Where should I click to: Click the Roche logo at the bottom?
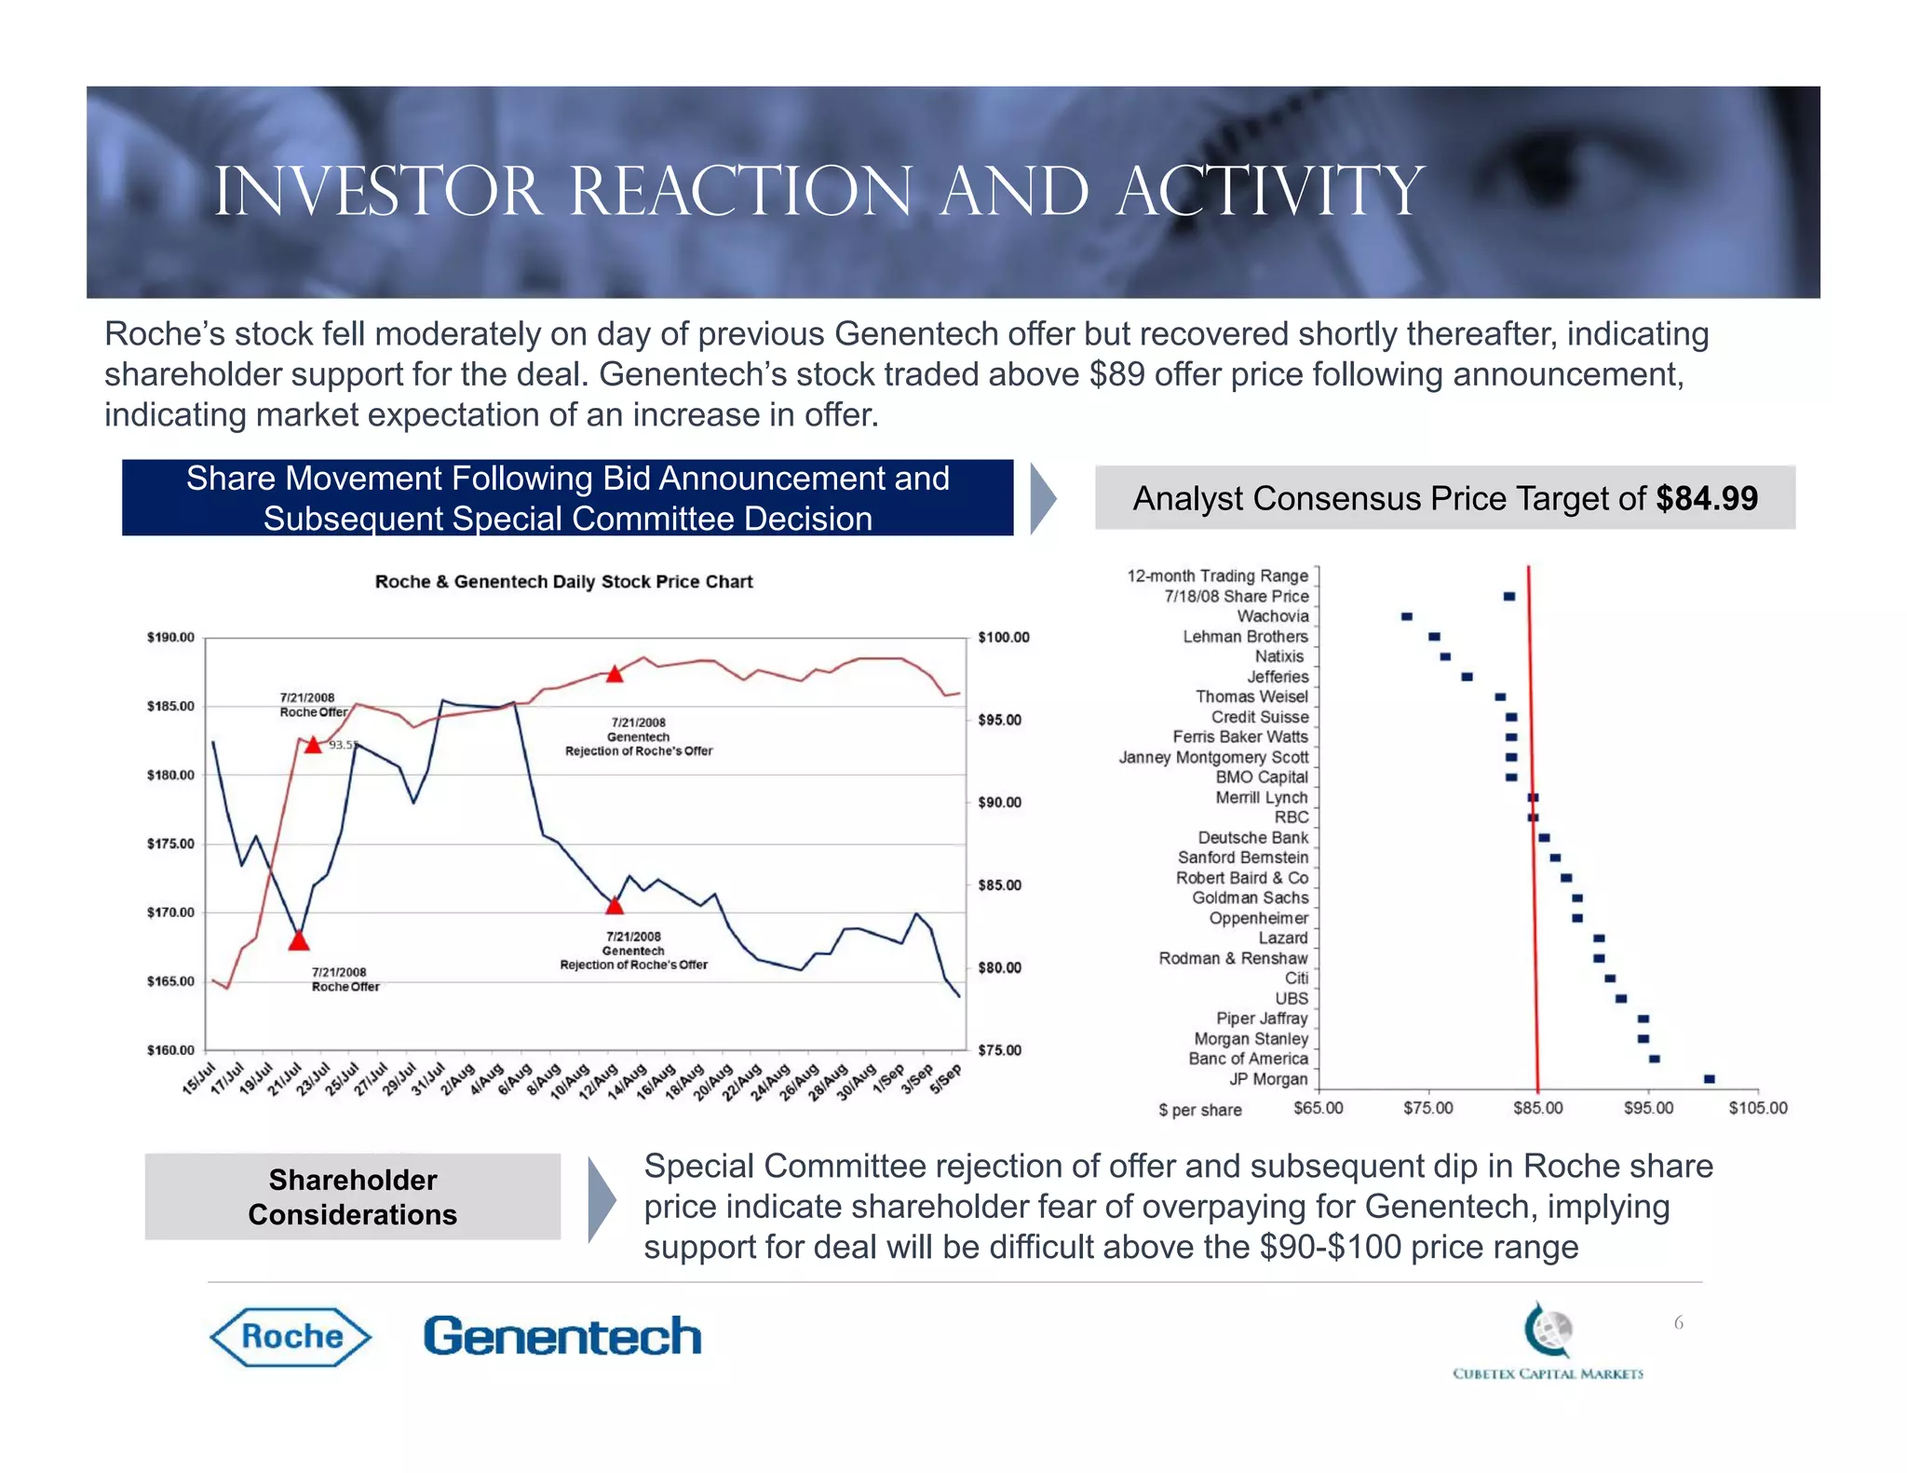(x=291, y=1337)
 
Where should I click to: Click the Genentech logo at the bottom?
(x=562, y=1337)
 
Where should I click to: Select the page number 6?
(x=1678, y=1323)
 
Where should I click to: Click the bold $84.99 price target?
(x=1706, y=499)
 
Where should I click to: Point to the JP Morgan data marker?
(x=1709, y=1079)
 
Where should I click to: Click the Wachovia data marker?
(x=1407, y=616)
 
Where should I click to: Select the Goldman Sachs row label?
(x=1250, y=898)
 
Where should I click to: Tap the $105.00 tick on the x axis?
(x=1757, y=1108)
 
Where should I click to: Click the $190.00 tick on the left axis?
(x=170, y=638)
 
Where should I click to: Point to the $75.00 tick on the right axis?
(x=999, y=1050)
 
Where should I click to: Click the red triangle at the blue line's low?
(x=298, y=940)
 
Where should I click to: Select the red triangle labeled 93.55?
(x=313, y=745)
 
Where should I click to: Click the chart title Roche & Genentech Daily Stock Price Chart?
(x=563, y=582)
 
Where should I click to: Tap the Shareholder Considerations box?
(x=352, y=1196)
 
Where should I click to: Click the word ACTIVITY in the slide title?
(x=1270, y=192)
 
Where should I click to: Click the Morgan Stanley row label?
(x=1251, y=1038)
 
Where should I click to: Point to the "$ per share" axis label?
(x=1199, y=1110)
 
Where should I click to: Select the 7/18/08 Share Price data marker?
(x=1509, y=596)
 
